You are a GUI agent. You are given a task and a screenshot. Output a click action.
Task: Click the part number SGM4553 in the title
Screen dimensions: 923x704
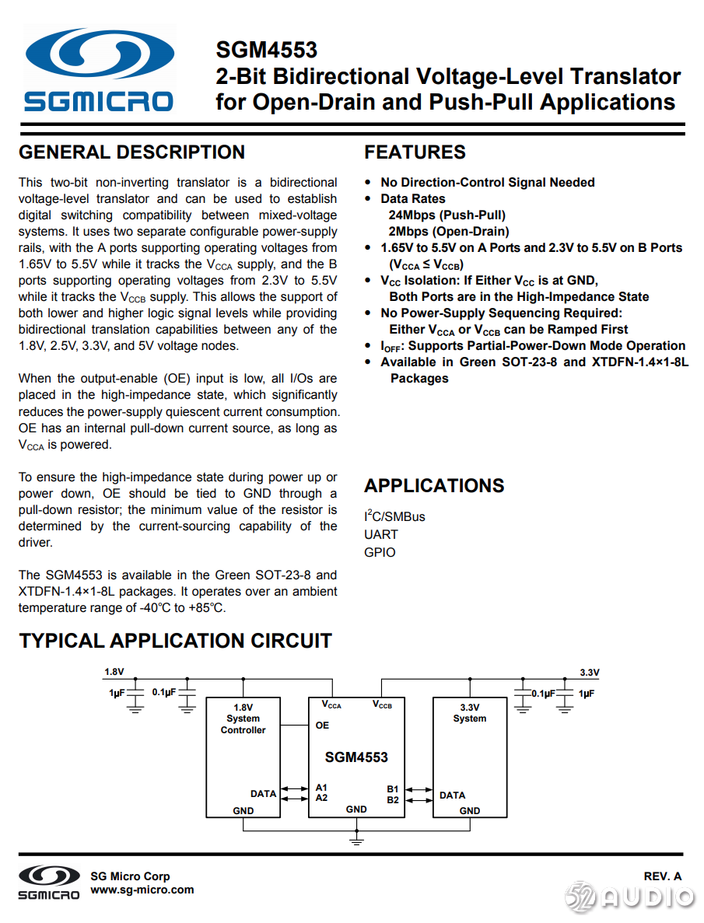[x=266, y=51]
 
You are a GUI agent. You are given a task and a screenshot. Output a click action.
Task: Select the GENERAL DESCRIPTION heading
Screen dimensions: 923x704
[x=131, y=152]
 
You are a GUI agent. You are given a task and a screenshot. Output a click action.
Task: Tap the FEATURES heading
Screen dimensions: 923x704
[x=415, y=152]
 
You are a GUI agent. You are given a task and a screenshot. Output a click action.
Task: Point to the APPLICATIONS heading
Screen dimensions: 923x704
[x=434, y=485]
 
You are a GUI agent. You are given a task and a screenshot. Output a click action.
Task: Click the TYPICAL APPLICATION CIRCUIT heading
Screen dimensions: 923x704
[x=175, y=641]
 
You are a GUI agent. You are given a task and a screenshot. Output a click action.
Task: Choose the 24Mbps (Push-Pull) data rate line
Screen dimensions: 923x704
[x=447, y=215]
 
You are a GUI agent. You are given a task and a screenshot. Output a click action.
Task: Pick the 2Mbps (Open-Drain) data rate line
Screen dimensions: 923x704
[x=449, y=231]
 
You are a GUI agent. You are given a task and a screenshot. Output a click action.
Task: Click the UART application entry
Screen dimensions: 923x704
[x=380, y=534]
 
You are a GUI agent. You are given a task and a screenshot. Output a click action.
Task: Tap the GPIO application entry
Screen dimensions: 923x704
[x=380, y=552]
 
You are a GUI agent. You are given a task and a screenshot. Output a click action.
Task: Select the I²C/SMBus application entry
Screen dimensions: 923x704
[x=394, y=516]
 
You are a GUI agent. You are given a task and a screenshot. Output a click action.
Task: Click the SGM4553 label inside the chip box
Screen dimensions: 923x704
[x=356, y=757]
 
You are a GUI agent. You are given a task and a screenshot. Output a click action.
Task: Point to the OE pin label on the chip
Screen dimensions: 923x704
[x=322, y=725]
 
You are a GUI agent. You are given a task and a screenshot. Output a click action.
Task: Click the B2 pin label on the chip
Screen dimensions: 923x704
[x=393, y=799]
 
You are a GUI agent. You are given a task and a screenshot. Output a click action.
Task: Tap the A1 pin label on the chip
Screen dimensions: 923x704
[x=321, y=788]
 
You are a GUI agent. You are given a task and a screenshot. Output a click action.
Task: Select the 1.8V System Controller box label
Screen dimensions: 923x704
[x=243, y=718]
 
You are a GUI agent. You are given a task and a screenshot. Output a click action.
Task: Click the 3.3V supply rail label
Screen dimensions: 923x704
[x=590, y=673]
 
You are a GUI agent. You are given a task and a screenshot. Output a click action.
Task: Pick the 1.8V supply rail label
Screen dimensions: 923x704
[x=114, y=672]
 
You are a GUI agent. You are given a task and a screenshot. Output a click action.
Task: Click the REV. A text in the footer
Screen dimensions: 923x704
[x=663, y=876]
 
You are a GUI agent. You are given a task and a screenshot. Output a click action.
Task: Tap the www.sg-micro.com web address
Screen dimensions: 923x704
[x=142, y=890]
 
